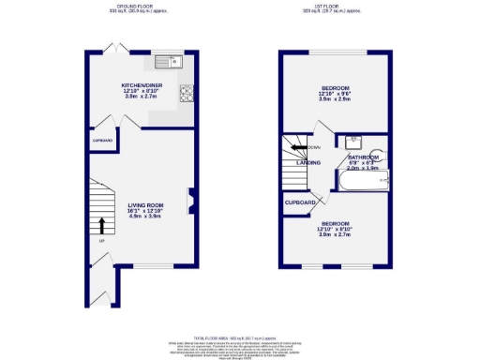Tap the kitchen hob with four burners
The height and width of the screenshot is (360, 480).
point(186,92)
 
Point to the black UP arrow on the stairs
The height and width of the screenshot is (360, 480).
point(101,224)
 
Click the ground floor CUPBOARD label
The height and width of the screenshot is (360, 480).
point(102,141)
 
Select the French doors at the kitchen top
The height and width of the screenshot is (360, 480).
point(114,48)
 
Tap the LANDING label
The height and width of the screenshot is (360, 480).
point(308,162)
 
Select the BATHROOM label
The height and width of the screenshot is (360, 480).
point(362,157)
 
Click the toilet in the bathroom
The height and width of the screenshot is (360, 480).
point(382,177)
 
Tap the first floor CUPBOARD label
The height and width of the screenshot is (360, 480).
point(300,201)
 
